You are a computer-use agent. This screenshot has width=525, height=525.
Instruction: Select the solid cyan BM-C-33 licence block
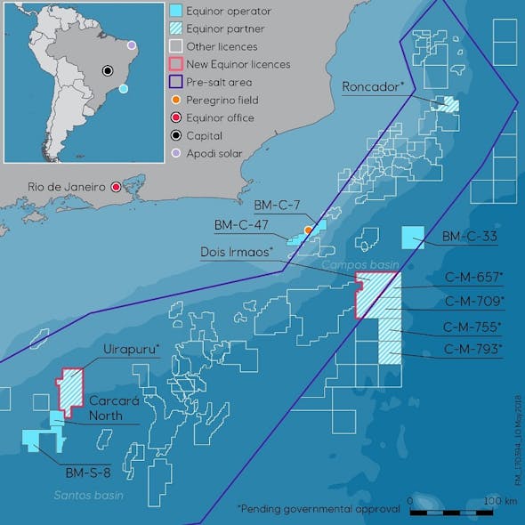pyautogui.click(x=412, y=238)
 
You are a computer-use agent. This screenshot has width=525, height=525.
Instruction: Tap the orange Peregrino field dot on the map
pyautogui.click(x=308, y=230)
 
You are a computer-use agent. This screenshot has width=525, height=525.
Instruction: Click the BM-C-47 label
pyautogui.click(x=242, y=223)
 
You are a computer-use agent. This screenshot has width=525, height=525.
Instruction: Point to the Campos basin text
pyautogui.click(x=358, y=265)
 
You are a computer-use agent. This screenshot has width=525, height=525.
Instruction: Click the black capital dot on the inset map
pyautogui.click(x=109, y=70)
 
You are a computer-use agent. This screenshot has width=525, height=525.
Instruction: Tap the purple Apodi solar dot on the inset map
pyautogui.click(x=132, y=44)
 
